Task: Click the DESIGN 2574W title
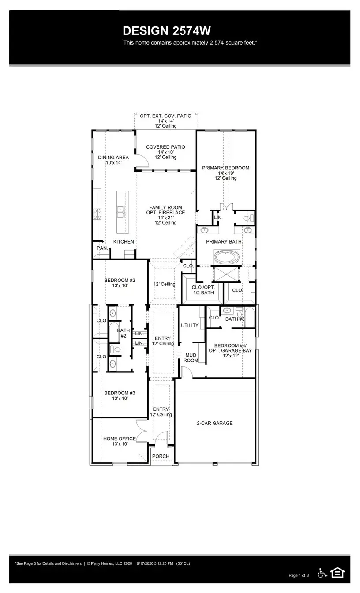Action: [x=167, y=31]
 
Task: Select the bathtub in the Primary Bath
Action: [x=226, y=256]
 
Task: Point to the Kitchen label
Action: [x=124, y=242]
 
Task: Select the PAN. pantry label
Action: [x=101, y=248]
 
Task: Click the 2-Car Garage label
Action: [x=214, y=423]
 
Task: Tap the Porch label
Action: [x=161, y=456]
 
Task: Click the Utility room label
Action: [x=190, y=325]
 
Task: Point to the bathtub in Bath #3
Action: [x=249, y=318]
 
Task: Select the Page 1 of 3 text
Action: [x=299, y=575]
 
